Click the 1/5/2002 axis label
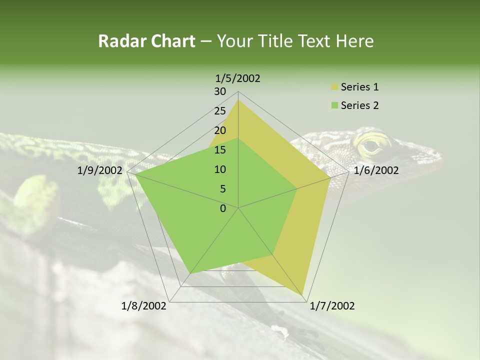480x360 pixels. click(x=238, y=78)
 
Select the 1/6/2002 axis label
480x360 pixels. click(x=376, y=170)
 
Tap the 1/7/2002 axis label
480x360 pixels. click(x=332, y=306)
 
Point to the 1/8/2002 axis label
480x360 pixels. click(x=144, y=306)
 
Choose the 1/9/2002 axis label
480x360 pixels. click(x=100, y=170)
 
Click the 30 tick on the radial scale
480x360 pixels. click(x=220, y=91)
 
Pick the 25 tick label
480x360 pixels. click(x=220, y=111)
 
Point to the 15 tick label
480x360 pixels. click(x=220, y=150)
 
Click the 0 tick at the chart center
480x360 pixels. click(x=223, y=208)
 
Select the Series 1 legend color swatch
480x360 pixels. click(x=334, y=87)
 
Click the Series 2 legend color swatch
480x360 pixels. click(x=334, y=105)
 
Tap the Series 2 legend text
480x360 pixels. click(x=359, y=105)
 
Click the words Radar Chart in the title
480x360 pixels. click(x=146, y=41)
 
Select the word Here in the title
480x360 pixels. click(x=354, y=41)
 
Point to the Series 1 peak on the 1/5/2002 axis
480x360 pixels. click(x=238, y=99)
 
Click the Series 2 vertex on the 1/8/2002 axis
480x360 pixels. click(x=190, y=274)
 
